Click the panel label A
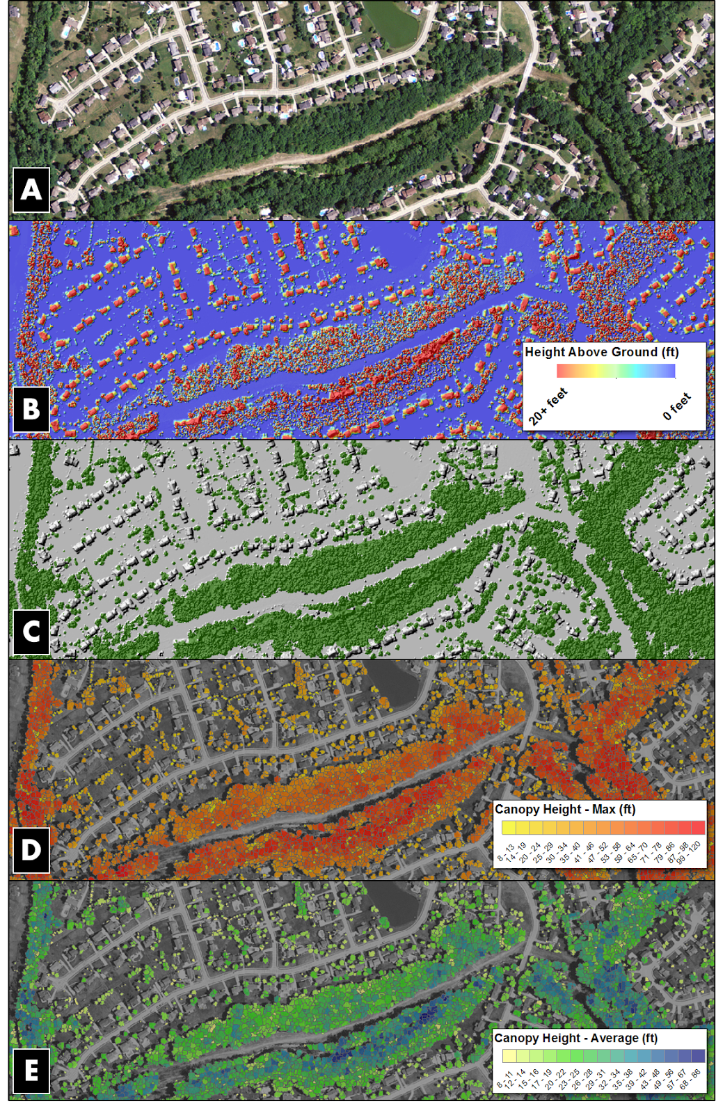coord(31,189)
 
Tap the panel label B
coord(31,408)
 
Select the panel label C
coord(31,632)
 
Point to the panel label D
coord(31,849)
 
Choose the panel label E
coord(31,1071)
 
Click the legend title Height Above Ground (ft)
coord(601,352)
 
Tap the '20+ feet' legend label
coord(548,408)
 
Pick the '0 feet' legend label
coord(677,407)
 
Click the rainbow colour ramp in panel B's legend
coord(616,371)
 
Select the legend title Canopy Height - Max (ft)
coord(564,809)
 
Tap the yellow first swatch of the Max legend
coord(509,827)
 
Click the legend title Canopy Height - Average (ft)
coord(575,1038)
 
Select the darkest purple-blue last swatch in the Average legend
coord(697,1056)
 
